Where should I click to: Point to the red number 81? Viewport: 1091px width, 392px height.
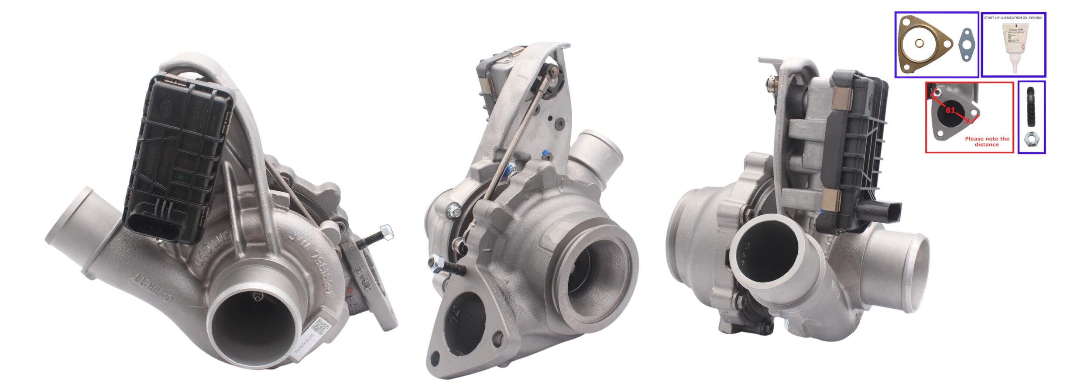[x=950, y=110]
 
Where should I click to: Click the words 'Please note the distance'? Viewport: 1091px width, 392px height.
[x=987, y=141]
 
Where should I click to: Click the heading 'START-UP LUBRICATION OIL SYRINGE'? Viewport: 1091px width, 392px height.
[x=1013, y=18]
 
